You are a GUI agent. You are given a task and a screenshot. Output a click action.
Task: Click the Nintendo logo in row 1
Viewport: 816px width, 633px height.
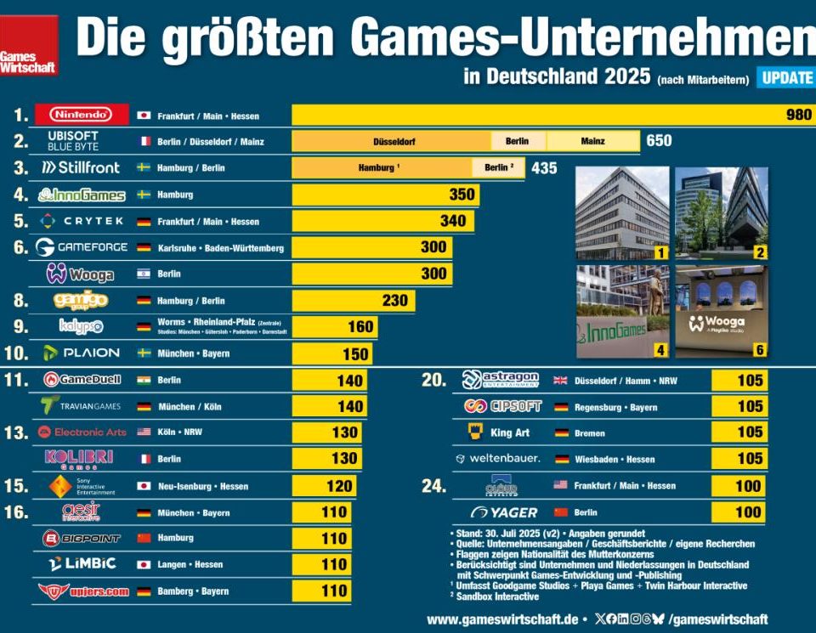81,115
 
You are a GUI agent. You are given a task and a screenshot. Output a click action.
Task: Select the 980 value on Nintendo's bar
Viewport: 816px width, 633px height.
798,115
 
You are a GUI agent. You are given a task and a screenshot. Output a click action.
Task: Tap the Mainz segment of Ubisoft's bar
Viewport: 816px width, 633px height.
592,141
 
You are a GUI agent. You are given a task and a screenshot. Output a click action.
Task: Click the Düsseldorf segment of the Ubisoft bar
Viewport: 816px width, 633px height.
391,141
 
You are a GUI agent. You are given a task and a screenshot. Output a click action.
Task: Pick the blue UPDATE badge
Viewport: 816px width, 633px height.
786,77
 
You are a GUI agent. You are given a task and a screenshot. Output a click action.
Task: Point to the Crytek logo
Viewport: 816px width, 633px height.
82,221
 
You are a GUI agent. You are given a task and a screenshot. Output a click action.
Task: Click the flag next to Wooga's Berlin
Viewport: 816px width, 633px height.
144,274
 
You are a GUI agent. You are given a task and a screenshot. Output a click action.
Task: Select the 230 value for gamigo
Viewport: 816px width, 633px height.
394,300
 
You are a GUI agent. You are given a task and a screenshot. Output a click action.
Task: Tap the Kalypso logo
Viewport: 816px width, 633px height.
82,326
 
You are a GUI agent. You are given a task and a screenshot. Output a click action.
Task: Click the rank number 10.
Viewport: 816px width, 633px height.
16,353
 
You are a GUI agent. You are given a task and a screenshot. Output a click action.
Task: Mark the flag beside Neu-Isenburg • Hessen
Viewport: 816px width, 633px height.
144,486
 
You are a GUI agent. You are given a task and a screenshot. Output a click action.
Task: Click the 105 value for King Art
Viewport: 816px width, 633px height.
750,432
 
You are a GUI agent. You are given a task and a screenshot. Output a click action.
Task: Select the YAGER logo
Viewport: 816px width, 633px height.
505,512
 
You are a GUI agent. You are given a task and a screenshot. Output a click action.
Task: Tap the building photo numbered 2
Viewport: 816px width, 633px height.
721,212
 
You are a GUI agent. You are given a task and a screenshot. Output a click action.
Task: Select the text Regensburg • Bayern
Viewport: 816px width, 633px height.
615,407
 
